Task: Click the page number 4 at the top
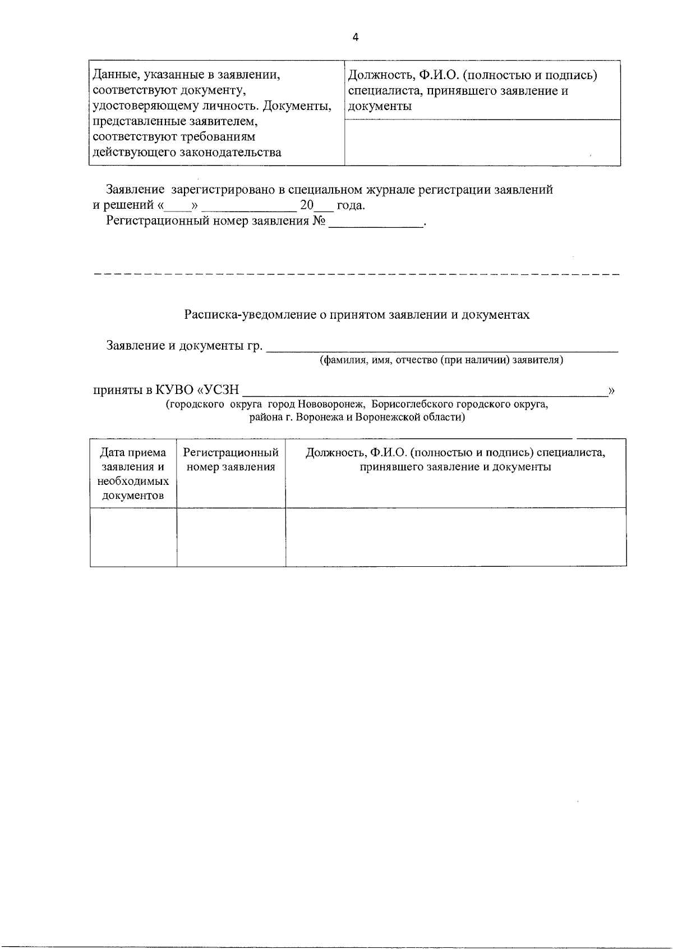point(356,38)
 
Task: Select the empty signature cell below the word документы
point(482,143)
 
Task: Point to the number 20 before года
point(307,205)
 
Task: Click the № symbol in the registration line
point(319,221)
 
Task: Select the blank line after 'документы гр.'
point(442,347)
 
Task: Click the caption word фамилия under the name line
point(338,360)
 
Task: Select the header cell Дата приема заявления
point(133,474)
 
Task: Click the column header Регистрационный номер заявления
point(231,460)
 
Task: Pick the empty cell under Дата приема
point(133,537)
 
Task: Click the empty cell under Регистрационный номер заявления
point(231,537)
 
